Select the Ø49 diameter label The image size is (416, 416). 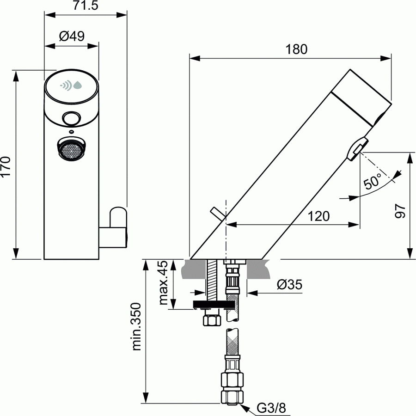[x=72, y=36]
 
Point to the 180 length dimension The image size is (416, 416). [x=296, y=49]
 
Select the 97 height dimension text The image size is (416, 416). [x=400, y=210]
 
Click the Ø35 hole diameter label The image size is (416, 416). [x=289, y=285]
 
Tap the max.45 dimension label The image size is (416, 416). [x=163, y=283]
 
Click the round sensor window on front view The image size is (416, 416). [x=71, y=118]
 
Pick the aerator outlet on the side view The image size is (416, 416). [x=356, y=148]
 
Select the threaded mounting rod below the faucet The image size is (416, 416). [x=212, y=280]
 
